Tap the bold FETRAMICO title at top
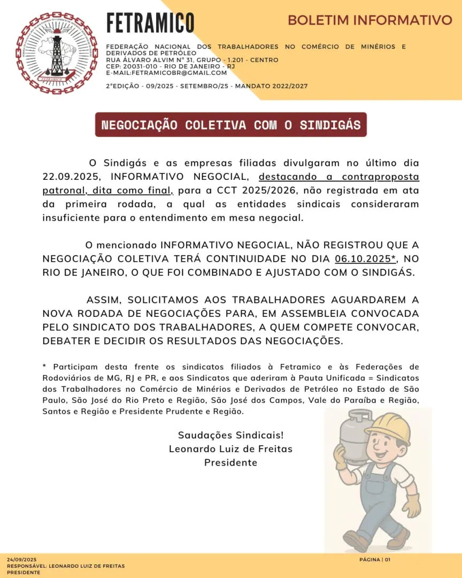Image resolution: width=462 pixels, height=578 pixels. tap(150, 22)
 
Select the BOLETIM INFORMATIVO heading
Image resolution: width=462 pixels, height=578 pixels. tap(369, 20)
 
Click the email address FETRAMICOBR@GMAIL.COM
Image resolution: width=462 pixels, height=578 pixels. tap(166, 73)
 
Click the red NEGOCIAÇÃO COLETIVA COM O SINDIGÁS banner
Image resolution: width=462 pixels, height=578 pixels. tap(231, 125)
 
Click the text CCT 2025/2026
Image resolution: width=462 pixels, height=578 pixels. tap(251, 190)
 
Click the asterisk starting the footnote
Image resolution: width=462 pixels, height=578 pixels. tap(45, 367)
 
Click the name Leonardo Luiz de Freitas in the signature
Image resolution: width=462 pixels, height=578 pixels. tap(230, 448)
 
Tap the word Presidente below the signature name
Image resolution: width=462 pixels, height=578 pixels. tap(230, 462)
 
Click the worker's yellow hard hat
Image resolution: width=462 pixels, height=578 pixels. tap(389, 427)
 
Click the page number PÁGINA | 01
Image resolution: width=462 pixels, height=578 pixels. tap(375, 559)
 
